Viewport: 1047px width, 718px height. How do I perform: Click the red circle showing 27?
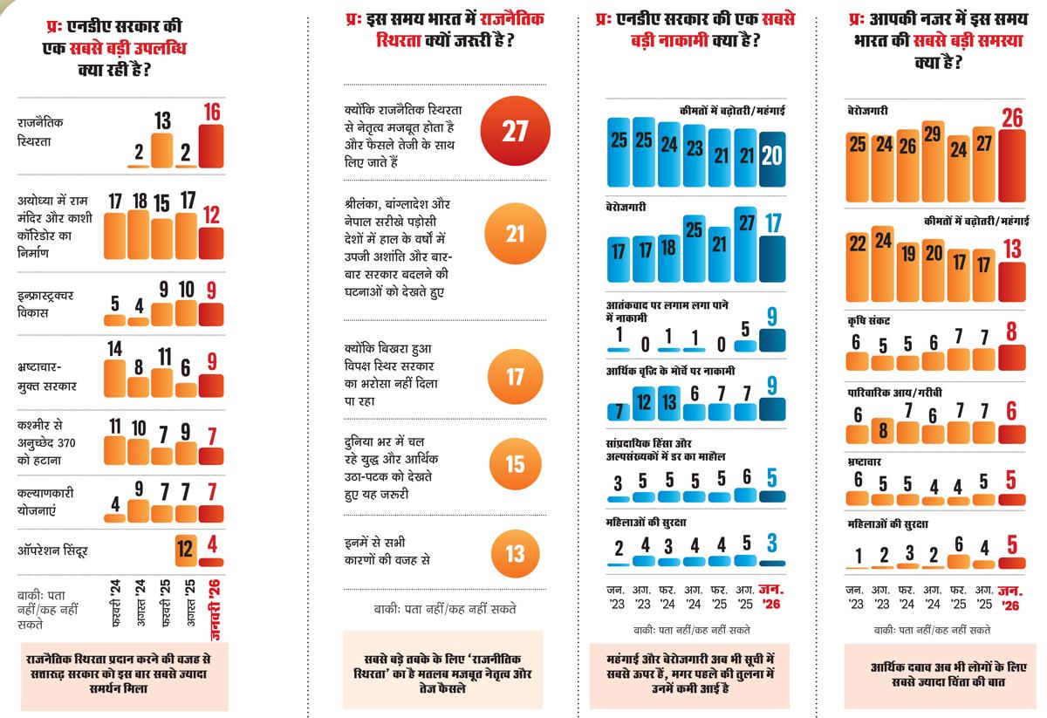[516, 132]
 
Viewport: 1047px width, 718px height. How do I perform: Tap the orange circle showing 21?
[516, 235]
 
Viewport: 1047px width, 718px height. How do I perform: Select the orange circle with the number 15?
[516, 465]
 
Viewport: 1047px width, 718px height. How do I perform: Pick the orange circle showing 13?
[516, 555]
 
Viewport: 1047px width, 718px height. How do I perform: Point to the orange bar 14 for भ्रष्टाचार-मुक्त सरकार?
[114, 374]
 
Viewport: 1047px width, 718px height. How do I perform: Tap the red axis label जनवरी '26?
[214, 603]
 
